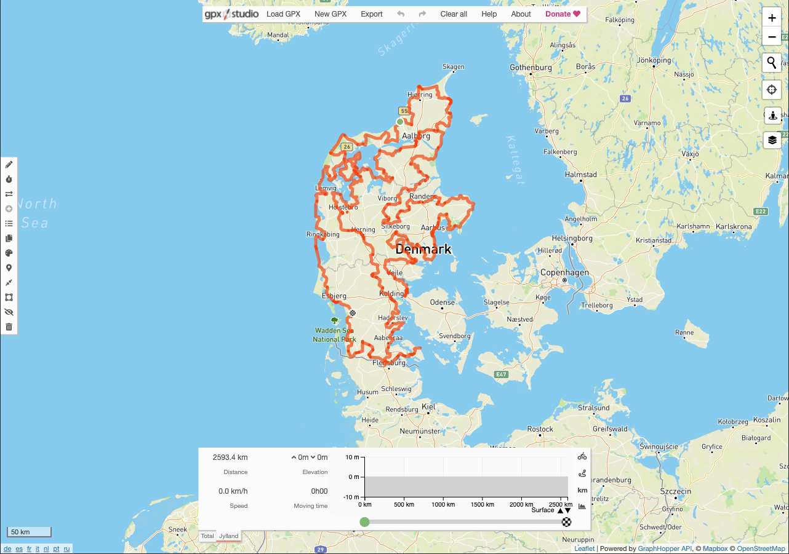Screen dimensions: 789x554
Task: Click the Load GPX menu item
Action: (283, 14)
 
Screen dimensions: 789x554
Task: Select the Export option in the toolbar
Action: (372, 14)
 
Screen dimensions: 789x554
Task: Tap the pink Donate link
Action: (563, 14)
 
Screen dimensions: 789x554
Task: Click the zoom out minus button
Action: (772, 38)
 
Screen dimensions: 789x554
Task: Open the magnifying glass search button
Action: (772, 63)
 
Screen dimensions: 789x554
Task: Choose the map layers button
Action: (772, 140)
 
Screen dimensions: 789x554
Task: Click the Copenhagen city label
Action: (564, 272)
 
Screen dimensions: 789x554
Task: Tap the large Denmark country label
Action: (423, 250)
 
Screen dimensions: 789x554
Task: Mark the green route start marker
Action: (400, 122)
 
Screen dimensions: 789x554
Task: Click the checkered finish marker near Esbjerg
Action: (353, 313)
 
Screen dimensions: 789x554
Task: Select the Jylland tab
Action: (228, 536)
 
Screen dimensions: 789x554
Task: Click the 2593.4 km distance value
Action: (230, 457)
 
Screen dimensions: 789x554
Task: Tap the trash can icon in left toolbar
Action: (9, 326)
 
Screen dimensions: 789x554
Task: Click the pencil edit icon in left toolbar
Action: (9, 165)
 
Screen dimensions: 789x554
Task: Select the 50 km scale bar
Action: (28, 532)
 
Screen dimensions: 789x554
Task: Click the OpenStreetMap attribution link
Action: (761, 548)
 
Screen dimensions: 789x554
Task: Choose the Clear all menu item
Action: (454, 14)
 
